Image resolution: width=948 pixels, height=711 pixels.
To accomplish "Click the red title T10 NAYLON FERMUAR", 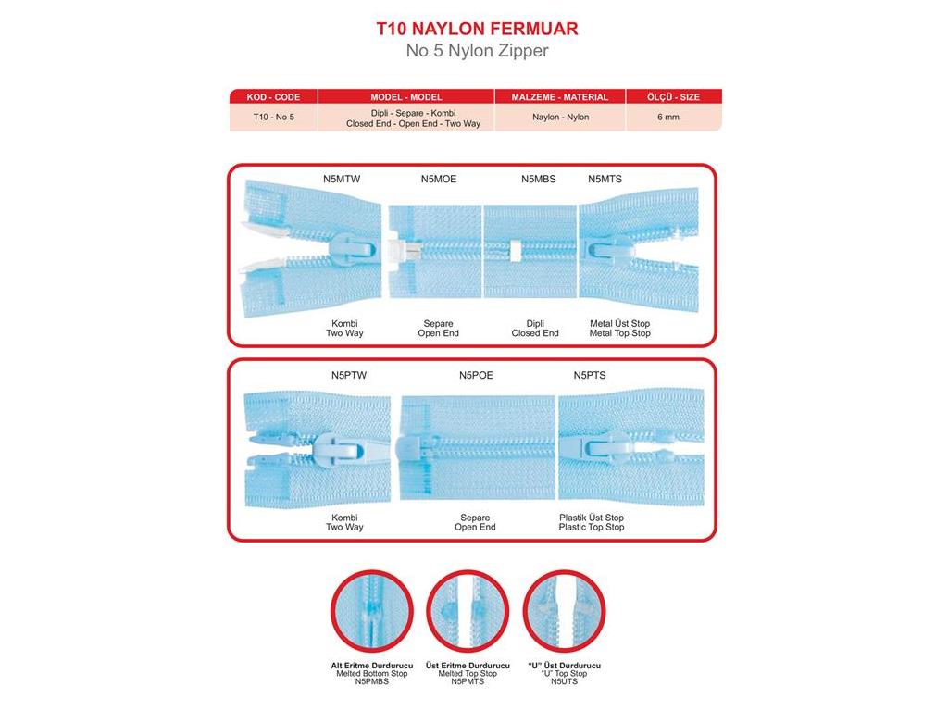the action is tap(477, 29).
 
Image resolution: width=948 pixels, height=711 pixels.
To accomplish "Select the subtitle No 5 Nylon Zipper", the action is tap(477, 50).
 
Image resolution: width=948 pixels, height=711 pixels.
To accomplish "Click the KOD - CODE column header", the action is tap(273, 96).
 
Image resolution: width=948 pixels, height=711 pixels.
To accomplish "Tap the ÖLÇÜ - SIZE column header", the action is tap(673, 96).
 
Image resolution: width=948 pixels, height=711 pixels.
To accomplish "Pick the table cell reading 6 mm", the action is tap(668, 117).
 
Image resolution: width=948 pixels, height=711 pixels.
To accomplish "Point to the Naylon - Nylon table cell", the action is tap(560, 117).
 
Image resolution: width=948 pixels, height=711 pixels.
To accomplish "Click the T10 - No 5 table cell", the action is tap(273, 117).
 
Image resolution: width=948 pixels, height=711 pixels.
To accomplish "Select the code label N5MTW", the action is tap(342, 179).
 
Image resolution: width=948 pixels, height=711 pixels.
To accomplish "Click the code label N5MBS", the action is tap(538, 179).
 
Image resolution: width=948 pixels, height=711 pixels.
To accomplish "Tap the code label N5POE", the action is tap(476, 375).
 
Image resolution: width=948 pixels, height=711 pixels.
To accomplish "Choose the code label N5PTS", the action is tap(590, 375).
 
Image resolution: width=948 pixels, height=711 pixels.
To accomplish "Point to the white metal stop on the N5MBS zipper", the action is tap(515, 251).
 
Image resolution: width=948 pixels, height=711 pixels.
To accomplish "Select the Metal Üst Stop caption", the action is tap(619, 323).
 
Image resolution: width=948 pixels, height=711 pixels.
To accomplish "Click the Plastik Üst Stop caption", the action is tap(592, 518).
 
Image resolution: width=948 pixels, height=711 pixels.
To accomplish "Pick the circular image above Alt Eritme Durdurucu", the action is tap(372, 611).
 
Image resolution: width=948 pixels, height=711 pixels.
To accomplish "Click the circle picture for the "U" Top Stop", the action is tap(564, 611).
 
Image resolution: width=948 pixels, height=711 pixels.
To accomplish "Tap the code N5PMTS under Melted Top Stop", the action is tap(468, 681).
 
